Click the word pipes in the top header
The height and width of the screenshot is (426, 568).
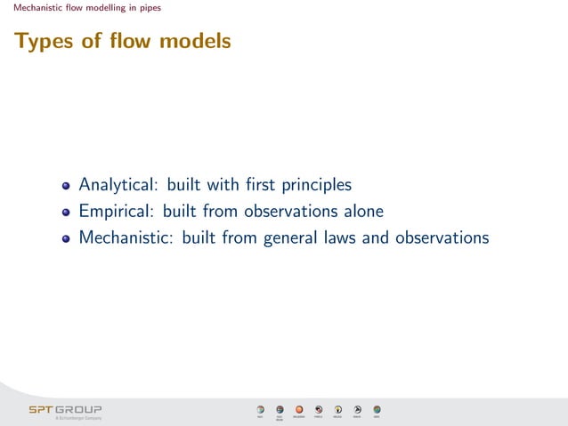point(149,9)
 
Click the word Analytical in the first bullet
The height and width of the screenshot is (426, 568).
point(116,185)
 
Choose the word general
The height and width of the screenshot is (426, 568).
point(290,238)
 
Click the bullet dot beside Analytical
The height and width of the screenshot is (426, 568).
point(66,187)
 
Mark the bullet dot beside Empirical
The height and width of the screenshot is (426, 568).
point(66,213)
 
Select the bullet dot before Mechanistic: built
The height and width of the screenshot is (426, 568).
point(66,240)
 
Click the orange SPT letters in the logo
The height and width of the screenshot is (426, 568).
point(41,410)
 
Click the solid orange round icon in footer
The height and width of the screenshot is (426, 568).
point(299,409)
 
